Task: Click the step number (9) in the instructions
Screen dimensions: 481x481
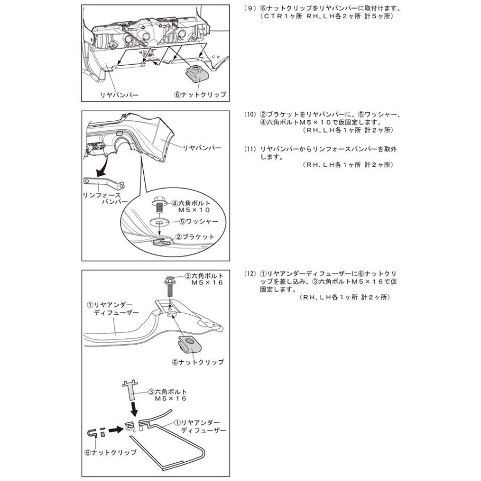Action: coord(249,9)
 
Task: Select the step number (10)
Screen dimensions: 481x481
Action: coord(249,115)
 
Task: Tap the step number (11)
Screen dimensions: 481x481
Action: coord(249,148)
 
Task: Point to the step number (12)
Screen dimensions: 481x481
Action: coord(249,274)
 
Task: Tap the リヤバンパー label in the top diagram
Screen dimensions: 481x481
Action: coord(120,95)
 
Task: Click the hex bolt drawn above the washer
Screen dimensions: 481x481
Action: coord(159,204)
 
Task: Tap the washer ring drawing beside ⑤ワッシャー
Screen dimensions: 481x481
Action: coord(159,221)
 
